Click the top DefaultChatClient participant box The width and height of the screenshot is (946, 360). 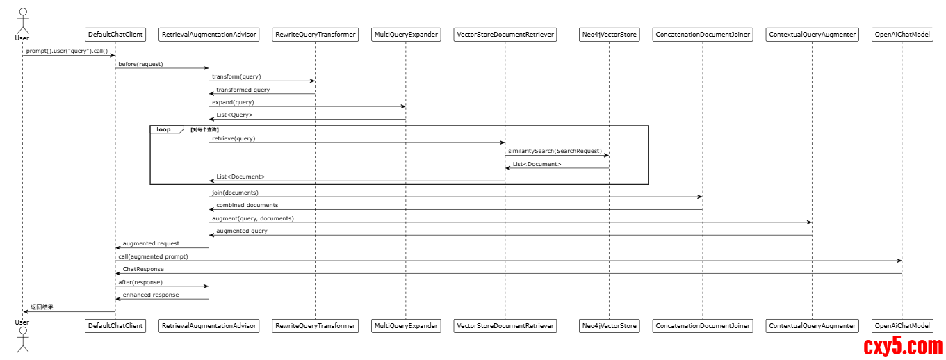115,35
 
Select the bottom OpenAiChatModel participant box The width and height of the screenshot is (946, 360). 902,325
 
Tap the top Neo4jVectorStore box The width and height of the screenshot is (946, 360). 609,35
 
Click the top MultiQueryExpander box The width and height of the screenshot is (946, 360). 406,35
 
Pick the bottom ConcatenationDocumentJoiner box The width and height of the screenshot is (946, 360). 703,325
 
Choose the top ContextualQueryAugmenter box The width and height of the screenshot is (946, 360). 813,35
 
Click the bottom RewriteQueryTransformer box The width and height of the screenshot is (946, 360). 316,325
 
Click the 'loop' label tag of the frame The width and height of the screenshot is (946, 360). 164,129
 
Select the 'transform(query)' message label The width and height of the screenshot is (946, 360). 236,76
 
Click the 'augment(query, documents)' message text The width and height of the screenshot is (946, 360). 253,218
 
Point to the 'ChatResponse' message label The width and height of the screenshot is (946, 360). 143,269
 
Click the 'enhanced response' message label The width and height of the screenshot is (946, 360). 151,295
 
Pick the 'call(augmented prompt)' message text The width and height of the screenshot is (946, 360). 153,256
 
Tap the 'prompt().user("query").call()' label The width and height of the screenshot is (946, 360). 67,51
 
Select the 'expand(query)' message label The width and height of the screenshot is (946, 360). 233,102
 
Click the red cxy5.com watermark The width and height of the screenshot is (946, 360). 903,345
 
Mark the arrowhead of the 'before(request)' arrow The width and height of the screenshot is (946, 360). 206,68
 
